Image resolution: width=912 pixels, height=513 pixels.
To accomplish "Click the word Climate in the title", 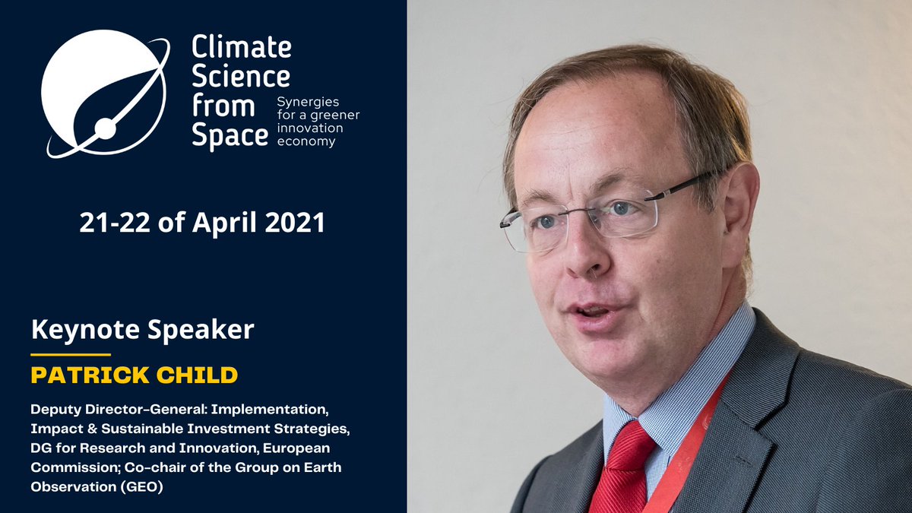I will coord(241,47).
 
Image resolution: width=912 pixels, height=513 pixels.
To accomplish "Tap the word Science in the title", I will coord(241,76).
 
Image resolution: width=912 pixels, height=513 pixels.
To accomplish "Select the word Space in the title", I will coord(230,135).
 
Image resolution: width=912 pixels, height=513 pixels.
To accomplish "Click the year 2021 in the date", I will coord(295,223).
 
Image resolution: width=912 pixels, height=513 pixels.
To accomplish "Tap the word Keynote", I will coord(78,330).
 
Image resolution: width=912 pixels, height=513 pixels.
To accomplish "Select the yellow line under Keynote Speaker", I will coord(71,354).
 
